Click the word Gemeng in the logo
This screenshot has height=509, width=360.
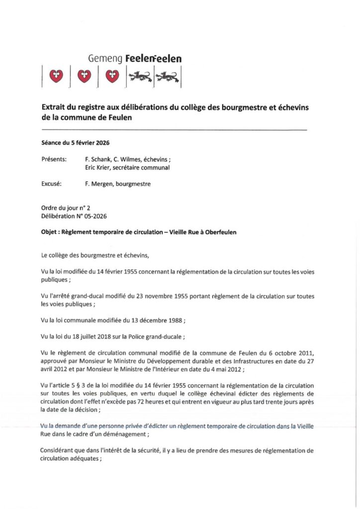(102, 59)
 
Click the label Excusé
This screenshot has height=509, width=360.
(52, 184)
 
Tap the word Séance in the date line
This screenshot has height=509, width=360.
(53, 142)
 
